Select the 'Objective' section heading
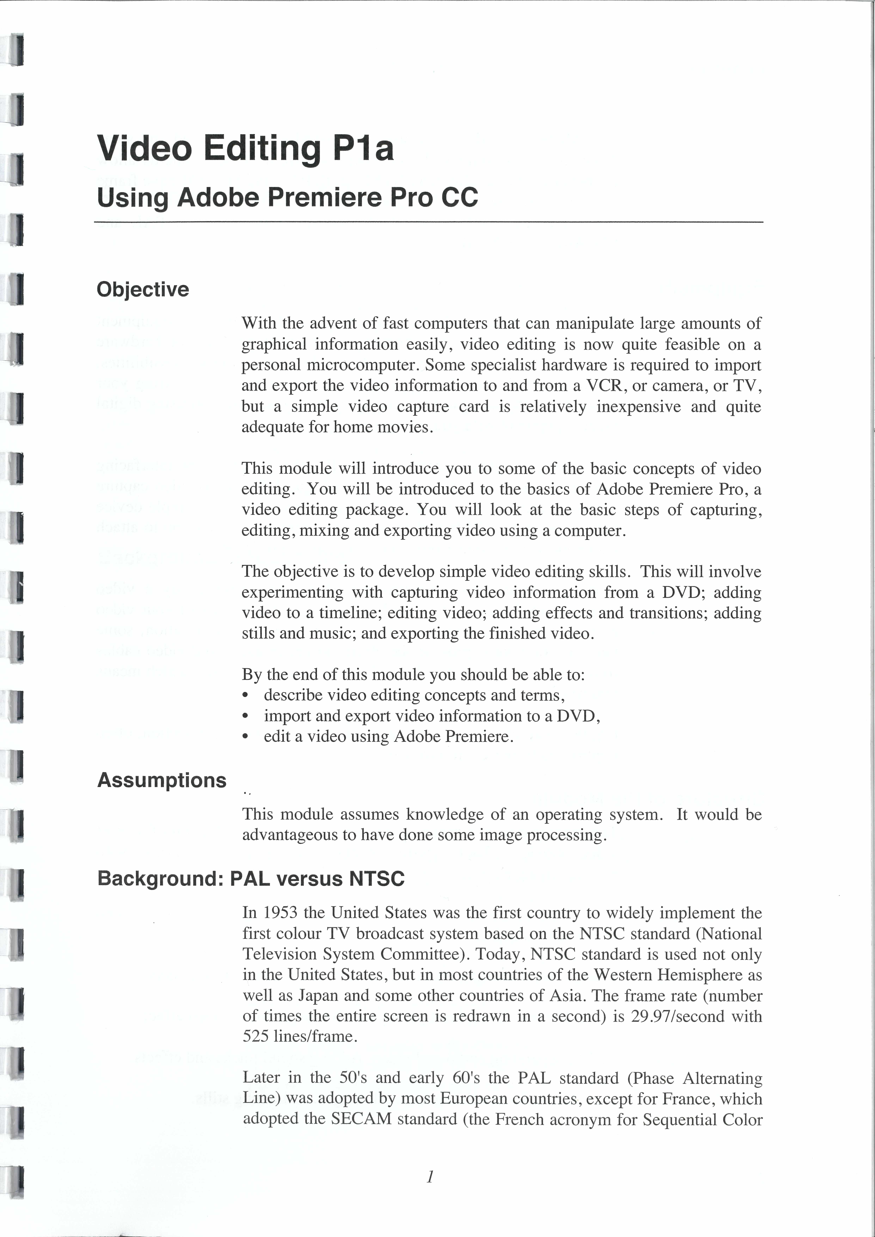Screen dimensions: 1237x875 (143, 289)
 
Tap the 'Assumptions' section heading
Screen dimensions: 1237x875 (162, 780)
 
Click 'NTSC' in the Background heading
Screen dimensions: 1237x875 (376, 879)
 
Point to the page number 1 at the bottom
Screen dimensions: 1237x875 (430, 1177)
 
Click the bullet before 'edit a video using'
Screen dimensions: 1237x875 (246, 737)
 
